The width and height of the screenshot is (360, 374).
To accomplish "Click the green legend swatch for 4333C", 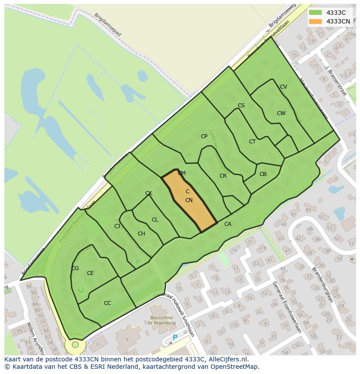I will pyautogui.click(x=315, y=13).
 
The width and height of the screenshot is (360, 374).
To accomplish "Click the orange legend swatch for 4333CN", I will pyautogui.click(x=315, y=21).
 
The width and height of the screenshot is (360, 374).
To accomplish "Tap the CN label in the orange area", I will pyautogui.click(x=189, y=200).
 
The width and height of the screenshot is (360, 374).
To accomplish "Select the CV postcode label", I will pyautogui.click(x=283, y=87).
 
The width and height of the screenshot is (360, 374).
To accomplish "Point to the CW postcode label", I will pyautogui.click(x=281, y=113).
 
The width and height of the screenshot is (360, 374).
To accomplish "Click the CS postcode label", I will pyautogui.click(x=241, y=106).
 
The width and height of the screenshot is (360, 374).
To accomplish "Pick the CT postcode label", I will pyautogui.click(x=252, y=142).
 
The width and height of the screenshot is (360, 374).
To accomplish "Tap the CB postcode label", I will pyautogui.click(x=263, y=174).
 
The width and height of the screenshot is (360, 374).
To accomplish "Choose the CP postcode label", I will pyautogui.click(x=204, y=136).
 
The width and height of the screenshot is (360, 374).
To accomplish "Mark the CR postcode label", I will pyautogui.click(x=223, y=176).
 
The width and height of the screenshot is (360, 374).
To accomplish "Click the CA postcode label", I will pyautogui.click(x=228, y=224).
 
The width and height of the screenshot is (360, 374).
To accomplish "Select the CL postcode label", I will pyautogui.click(x=155, y=220).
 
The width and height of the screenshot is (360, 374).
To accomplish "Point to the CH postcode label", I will pyautogui.click(x=141, y=234).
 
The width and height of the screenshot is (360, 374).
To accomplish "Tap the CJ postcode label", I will pyautogui.click(x=117, y=226).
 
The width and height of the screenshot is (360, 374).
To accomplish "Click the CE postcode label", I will pyautogui.click(x=90, y=273).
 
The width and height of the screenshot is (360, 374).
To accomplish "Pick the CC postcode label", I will pyautogui.click(x=107, y=303).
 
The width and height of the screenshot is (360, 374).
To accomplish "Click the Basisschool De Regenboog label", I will pyautogui.click(x=156, y=321).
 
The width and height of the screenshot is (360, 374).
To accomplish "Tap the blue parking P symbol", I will pyautogui.click(x=175, y=337).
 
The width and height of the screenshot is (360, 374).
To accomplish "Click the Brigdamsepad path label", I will pyautogui.click(x=107, y=25).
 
